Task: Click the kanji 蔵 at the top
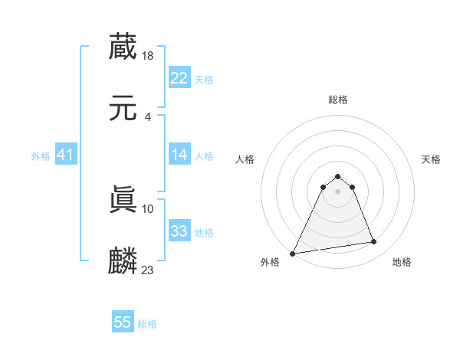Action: click(x=123, y=47)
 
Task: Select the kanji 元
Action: click(x=123, y=109)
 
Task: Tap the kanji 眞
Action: click(x=123, y=200)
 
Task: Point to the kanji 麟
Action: click(x=123, y=261)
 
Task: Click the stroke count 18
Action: click(x=149, y=55)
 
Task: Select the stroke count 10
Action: click(x=149, y=208)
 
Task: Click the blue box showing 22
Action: click(x=179, y=78)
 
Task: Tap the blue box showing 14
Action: click(x=179, y=155)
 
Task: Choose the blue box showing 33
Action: click(x=179, y=231)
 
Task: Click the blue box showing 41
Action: click(x=66, y=155)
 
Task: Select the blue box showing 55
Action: click(x=123, y=322)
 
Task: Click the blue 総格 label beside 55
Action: click(x=147, y=324)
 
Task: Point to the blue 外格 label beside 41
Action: click(x=41, y=156)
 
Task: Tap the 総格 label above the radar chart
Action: click(x=338, y=100)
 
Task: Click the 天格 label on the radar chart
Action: click(x=432, y=159)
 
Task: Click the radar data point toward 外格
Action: click(x=292, y=253)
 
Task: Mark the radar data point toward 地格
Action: click(x=374, y=242)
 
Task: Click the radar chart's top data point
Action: click(x=338, y=176)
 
